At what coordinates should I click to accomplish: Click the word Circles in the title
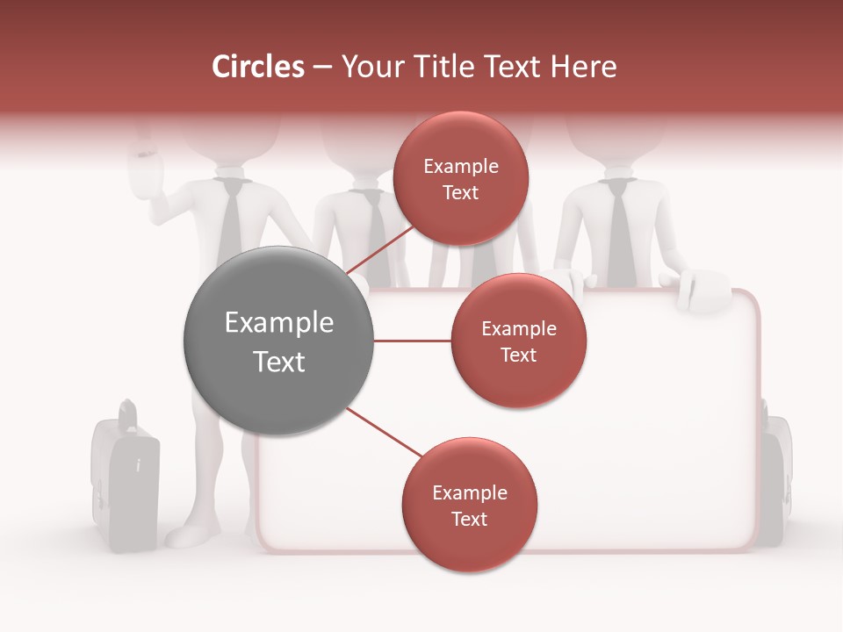click(x=257, y=67)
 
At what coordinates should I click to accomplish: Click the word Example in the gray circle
click(x=278, y=323)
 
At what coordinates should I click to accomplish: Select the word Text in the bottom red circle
click(x=469, y=519)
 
